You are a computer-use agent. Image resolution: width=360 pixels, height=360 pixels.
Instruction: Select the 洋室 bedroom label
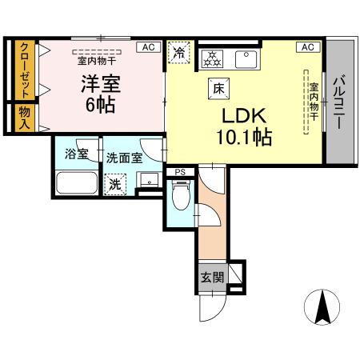pyautogui.click(x=99, y=82)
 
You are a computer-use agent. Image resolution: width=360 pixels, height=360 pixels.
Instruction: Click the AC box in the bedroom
pyautogui.click(x=148, y=47)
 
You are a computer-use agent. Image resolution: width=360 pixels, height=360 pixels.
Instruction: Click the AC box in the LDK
pyautogui.click(x=308, y=47)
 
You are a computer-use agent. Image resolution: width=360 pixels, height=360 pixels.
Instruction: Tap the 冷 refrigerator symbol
pyautogui.click(x=178, y=53)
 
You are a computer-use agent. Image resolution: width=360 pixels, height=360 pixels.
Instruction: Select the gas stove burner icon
pyautogui.click(x=213, y=58)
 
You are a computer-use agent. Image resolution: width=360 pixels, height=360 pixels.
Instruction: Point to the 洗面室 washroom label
pyautogui.click(x=124, y=158)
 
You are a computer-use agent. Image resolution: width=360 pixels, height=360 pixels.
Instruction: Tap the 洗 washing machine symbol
pyautogui.click(x=116, y=183)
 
